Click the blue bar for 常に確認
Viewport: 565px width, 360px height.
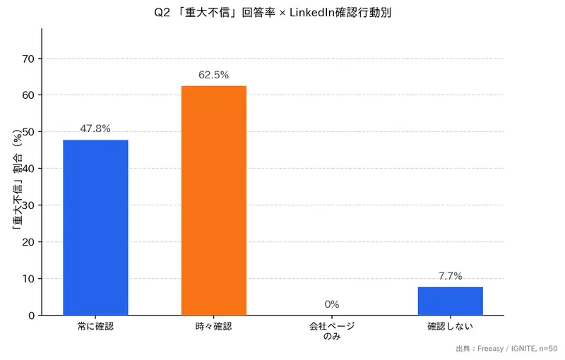pyautogui.click(x=95, y=227)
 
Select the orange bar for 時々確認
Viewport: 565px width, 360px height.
pyautogui.click(x=213, y=200)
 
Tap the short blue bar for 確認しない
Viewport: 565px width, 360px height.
pyautogui.click(x=450, y=301)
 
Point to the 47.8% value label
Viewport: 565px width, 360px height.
pyautogui.click(x=95, y=128)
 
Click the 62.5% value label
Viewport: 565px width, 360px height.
pyautogui.click(x=213, y=75)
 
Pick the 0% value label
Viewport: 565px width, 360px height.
pyautogui.click(x=332, y=304)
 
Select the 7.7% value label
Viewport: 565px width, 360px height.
pyautogui.click(x=450, y=276)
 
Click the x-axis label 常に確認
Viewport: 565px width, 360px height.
pyautogui.click(x=95, y=326)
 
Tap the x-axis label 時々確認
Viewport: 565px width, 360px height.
pyautogui.click(x=213, y=326)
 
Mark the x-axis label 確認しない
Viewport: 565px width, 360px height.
pyautogui.click(x=450, y=326)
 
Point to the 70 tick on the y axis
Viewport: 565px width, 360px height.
pyautogui.click(x=28, y=59)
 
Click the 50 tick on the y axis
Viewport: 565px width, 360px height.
pyautogui.click(x=28, y=132)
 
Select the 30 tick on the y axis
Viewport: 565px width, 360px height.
pyautogui.click(x=28, y=205)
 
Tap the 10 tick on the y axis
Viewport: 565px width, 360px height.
pyautogui.click(x=28, y=279)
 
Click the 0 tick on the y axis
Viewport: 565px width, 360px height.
pyautogui.click(x=31, y=316)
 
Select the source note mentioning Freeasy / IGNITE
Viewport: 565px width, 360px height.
pyautogui.click(x=506, y=348)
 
